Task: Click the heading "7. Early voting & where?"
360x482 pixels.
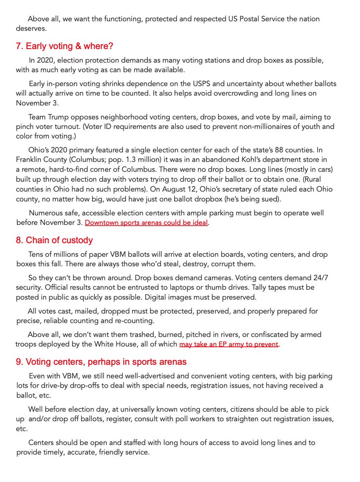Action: pos(64,46)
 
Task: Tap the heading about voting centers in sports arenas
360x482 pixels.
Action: pos(101,362)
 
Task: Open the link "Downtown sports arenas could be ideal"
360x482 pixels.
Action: pos(146,223)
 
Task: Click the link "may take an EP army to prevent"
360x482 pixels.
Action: pos(228,344)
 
